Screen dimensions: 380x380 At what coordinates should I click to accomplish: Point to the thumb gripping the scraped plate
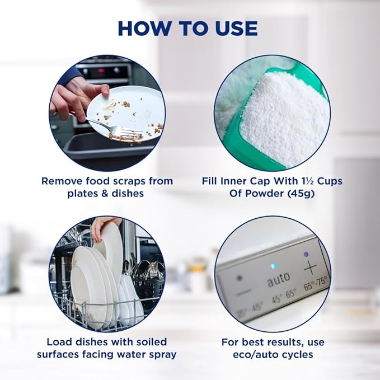click(104, 90)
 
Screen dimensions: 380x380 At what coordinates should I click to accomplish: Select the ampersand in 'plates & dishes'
click(104, 194)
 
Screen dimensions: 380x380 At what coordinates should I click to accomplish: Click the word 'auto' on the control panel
click(279, 279)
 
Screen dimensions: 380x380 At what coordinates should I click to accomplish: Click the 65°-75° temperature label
click(316, 283)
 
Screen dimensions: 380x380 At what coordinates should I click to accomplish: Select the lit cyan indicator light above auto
click(274, 266)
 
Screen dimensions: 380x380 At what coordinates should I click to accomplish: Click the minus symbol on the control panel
click(244, 293)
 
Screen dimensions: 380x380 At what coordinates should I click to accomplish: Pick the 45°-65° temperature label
click(284, 296)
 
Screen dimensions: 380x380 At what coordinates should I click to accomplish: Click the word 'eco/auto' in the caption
click(259, 355)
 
